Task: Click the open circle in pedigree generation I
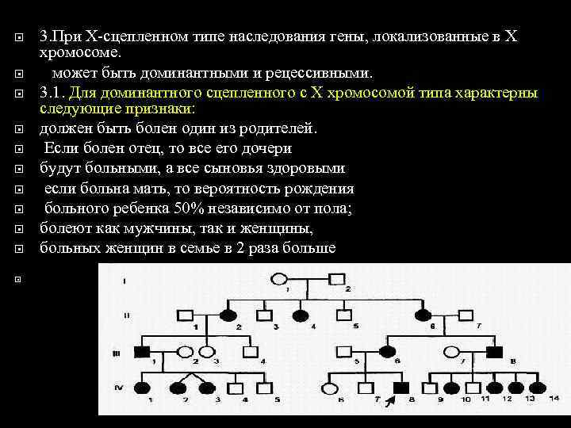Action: coord(280,279)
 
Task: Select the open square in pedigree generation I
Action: coord(337,279)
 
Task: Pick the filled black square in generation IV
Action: coord(402,388)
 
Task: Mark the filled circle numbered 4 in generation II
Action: coord(301,315)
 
